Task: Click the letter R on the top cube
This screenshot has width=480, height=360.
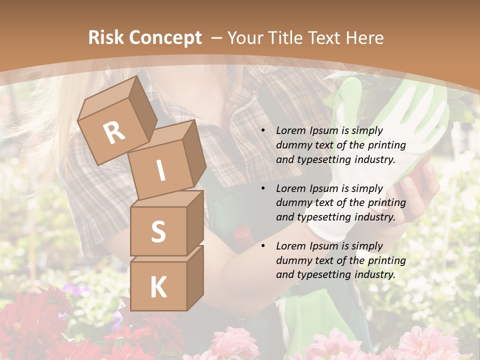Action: [x=114, y=133]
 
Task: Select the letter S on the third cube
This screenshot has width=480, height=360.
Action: [x=158, y=231]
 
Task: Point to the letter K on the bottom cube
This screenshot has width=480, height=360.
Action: [x=158, y=287]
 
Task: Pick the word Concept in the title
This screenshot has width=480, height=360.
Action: [x=165, y=38]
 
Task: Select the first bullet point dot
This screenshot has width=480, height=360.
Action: [x=263, y=130]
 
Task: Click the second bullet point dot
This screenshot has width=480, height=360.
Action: [x=263, y=188]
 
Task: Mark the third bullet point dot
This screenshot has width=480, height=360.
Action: [x=263, y=246]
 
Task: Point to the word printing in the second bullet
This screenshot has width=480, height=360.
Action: [x=387, y=202]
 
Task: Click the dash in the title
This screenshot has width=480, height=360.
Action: [x=217, y=38]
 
